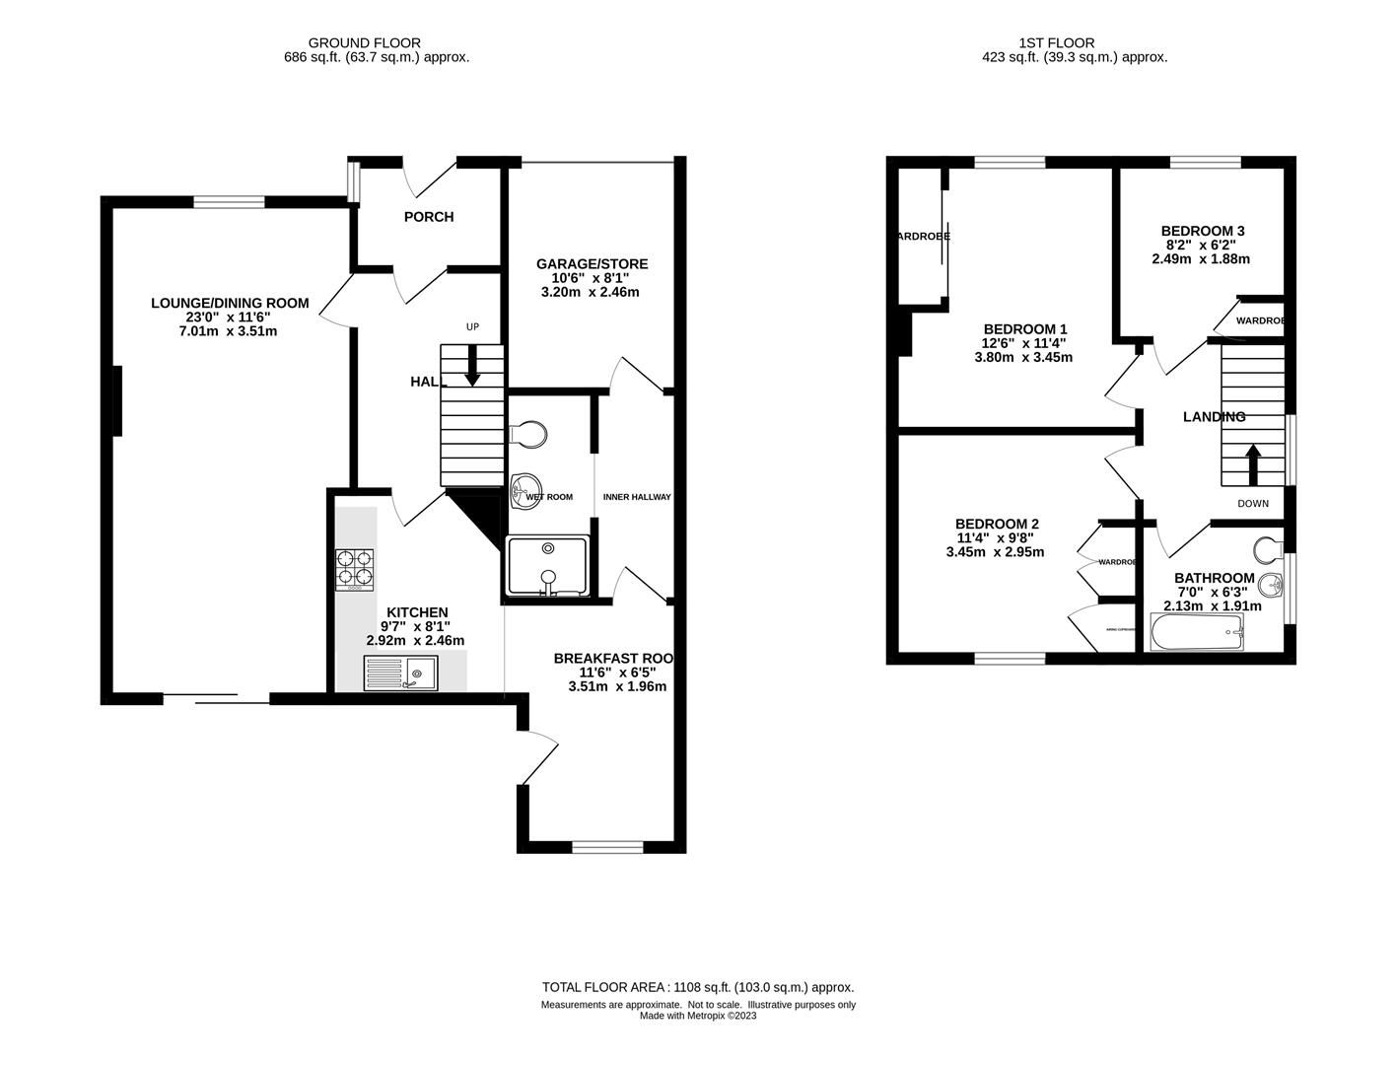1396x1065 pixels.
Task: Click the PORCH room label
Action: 429,217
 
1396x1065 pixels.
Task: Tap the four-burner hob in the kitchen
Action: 355,569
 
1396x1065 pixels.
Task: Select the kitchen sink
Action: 400,674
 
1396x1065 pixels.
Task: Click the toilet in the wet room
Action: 528,433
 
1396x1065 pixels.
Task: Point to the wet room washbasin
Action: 525,485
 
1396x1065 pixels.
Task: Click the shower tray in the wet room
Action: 547,566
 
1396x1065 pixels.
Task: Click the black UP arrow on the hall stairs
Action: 472,365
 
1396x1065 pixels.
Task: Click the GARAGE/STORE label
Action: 592,264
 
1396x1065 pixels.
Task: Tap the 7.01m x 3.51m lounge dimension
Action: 228,331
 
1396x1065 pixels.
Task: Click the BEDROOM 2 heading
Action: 997,524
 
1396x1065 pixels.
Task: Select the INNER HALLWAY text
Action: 637,497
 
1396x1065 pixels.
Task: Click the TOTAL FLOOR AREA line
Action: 698,987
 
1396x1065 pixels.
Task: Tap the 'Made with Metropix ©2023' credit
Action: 698,1016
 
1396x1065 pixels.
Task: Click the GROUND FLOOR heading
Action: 364,42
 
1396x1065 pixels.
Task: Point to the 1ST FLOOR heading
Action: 1056,42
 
